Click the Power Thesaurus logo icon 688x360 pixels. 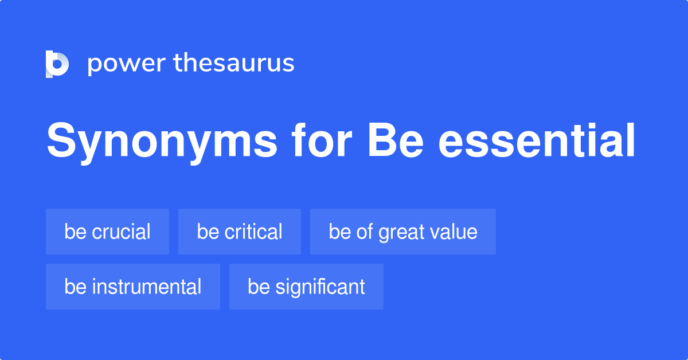57,64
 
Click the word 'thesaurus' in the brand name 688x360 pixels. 234,63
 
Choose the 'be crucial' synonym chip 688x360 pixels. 107,232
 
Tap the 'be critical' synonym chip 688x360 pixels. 239,232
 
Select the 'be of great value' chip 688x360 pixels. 402,232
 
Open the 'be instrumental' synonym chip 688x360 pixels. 132,287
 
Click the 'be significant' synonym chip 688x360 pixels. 306,287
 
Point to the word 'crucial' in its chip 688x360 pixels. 121,232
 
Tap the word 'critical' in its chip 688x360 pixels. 253,232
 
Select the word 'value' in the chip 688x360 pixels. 456,232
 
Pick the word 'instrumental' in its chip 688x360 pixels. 146,287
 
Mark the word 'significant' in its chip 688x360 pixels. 320,287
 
